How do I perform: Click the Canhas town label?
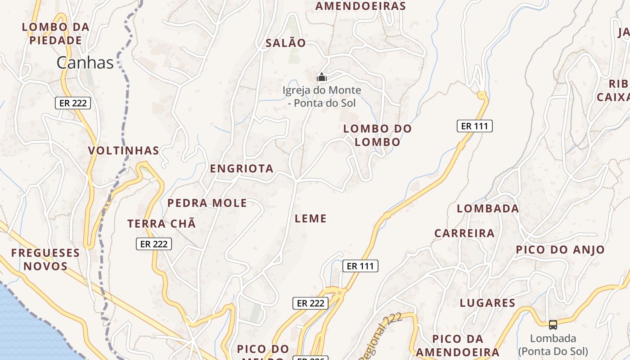click(x=85, y=63)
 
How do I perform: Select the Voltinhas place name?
click(x=124, y=150)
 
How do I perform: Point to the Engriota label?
click(x=242, y=169)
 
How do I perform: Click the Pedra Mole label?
click(x=207, y=203)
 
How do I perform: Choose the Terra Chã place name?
click(x=162, y=224)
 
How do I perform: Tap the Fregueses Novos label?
click(x=45, y=260)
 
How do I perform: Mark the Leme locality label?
click(x=310, y=219)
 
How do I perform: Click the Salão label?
click(x=286, y=43)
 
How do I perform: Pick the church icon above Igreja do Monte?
click(x=321, y=77)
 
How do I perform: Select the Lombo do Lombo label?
click(x=377, y=135)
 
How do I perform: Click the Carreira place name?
click(x=464, y=233)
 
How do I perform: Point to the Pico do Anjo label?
click(x=560, y=250)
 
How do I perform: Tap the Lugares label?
click(x=487, y=303)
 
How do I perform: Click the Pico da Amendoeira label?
click(x=458, y=346)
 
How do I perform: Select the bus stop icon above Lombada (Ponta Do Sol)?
click(x=553, y=324)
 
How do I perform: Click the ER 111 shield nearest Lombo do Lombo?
click(x=475, y=126)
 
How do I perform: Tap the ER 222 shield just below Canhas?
click(x=73, y=103)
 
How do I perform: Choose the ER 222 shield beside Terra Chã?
click(x=154, y=244)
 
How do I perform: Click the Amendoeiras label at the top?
click(x=360, y=6)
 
